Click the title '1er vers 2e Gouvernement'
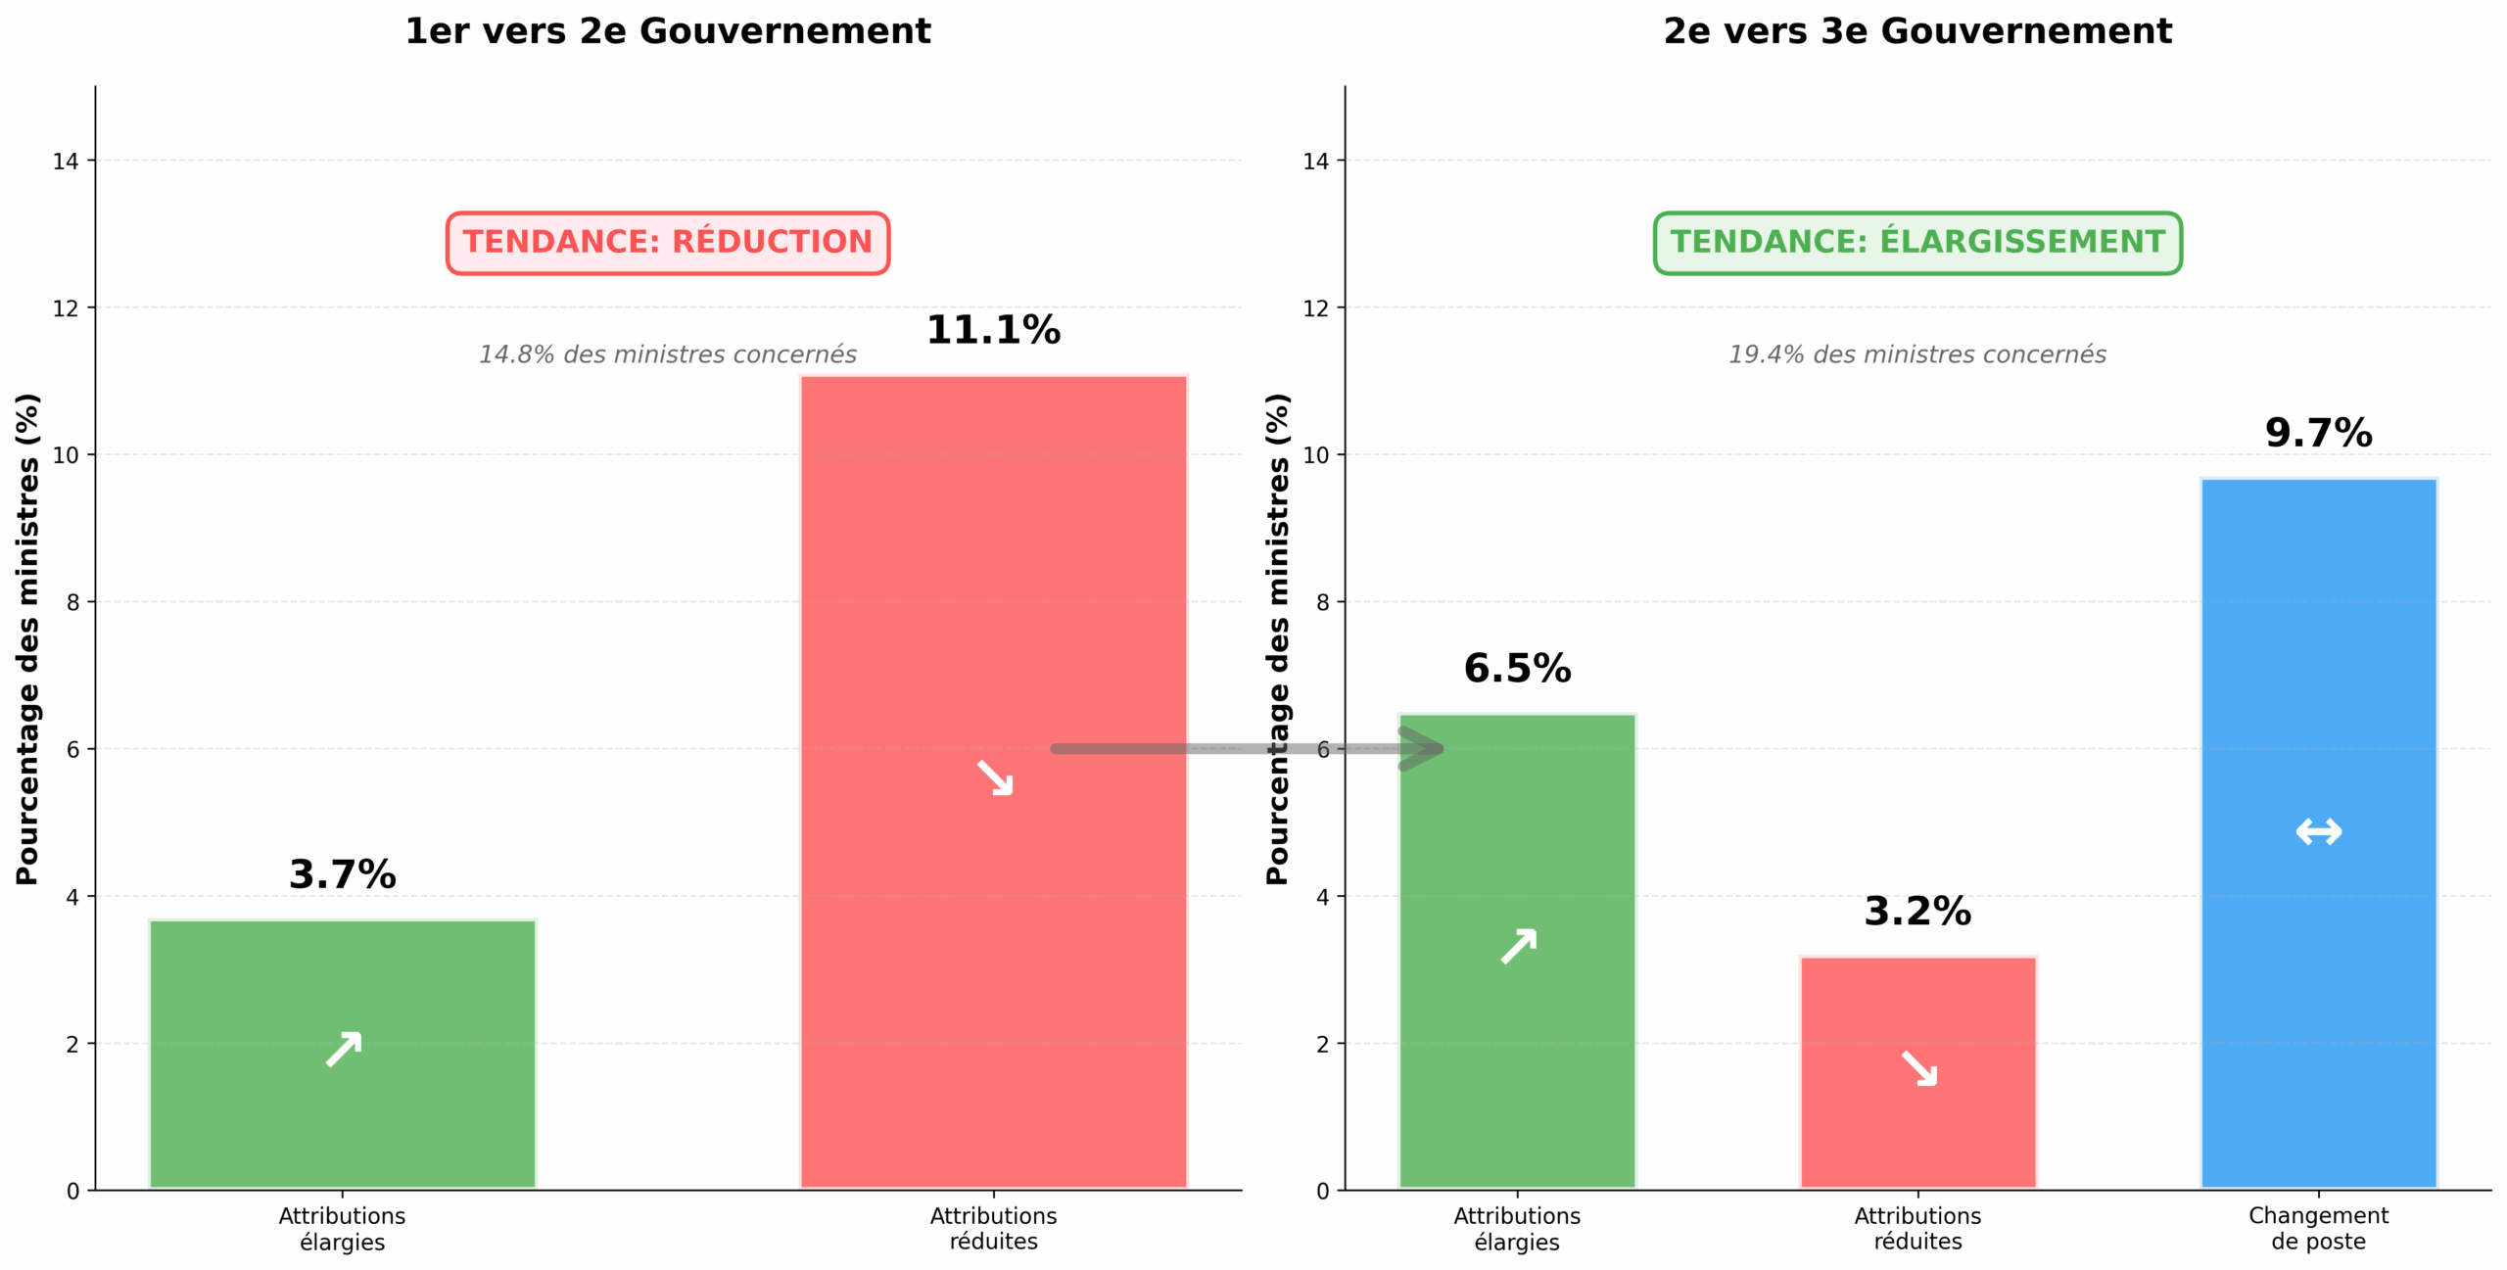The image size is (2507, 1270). click(x=667, y=31)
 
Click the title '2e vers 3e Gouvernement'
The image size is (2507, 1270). click(x=1916, y=31)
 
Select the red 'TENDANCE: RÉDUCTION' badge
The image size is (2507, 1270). click(x=667, y=242)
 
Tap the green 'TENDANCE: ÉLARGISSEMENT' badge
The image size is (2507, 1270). click(x=1916, y=242)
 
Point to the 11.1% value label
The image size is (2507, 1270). click(x=992, y=330)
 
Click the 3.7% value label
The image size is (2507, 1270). click(x=342, y=874)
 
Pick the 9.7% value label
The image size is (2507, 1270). click(x=2318, y=433)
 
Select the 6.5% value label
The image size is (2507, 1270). click(x=1517, y=669)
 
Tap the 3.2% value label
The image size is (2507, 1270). click(x=1916, y=912)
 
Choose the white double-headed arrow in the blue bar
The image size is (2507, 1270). click(x=2318, y=832)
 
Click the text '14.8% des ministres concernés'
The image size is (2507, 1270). click(x=667, y=354)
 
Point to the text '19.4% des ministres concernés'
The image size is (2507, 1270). click(x=1916, y=354)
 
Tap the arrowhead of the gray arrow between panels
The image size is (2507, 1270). click(x=1425, y=749)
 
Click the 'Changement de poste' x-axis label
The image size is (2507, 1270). click(x=2318, y=1228)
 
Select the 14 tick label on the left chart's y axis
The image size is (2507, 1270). click(x=66, y=162)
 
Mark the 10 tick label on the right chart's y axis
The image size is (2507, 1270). click(x=1315, y=455)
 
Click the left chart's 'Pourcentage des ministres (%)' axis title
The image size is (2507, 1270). click(x=27, y=638)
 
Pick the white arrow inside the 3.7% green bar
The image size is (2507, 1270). click(x=344, y=1049)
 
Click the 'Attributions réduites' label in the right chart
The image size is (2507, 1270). click(x=1916, y=1228)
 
